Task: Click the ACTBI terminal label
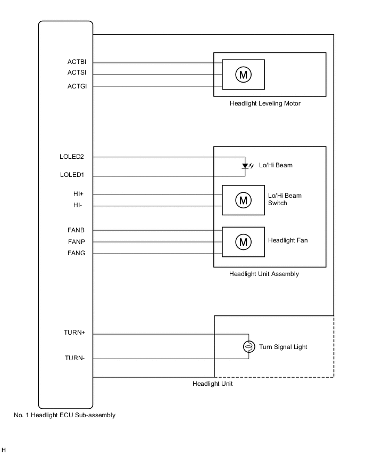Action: [x=77, y=62]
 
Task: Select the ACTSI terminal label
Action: [x=77, y=72]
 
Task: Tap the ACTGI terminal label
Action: [x=77, y=86]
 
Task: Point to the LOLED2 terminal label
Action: [x=72, y=157]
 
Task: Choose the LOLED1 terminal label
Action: [x=72, y=175]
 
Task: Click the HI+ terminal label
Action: [x=79, y=194]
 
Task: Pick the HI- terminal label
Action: [x=79, y=205]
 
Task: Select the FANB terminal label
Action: [x=76, y=230]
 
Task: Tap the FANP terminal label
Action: [x=76, y=242]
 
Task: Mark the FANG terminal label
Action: [x=76, y=253]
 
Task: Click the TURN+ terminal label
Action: [x=74, y=333]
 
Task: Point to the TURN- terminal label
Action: [x=74, y=358]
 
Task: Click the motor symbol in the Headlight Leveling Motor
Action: [x=243, y=75]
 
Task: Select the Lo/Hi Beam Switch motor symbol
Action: [x=243, y=200]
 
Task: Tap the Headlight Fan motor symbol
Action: [x=243, y=242]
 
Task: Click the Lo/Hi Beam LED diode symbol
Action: [x=245, y=166]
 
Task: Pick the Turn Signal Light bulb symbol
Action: [x=248, y=347]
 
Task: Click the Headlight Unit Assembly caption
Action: [x=264, y=274]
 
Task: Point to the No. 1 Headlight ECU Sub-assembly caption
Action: [x=64, y=415]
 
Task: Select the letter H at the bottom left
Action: [x=4, y=450]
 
